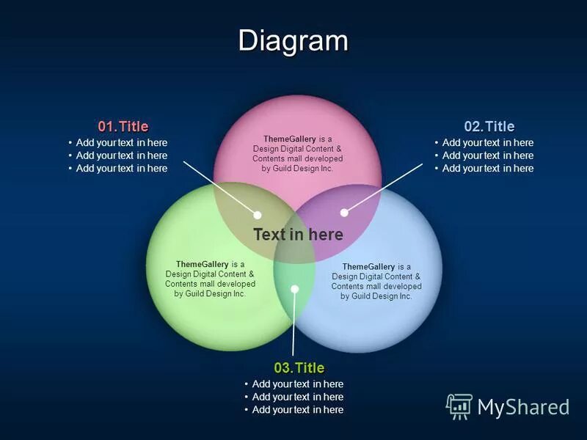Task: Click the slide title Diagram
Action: [x=293, y=40]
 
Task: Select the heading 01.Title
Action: [x=123, y=126]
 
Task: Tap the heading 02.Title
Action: [x=489, y=126]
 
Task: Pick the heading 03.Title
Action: [x=299, y=367]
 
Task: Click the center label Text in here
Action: [x=298, y=235]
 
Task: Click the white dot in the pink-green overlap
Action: [x=258, y=215]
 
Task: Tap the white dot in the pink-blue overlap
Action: [x=344, y=213]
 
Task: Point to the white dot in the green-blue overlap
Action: [x=295, y=289]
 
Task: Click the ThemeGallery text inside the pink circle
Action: [x=297, y=153]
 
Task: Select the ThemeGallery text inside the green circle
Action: [x=210, y=279]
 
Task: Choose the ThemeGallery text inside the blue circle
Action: [x=376, y=281]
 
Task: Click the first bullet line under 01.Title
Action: [x=121, y=143]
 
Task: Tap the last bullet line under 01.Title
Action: [x=121, y=169]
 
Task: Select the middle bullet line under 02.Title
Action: [x=487, y=155]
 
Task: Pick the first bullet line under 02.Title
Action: [x=487, y=143]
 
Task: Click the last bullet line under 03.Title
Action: [x=297, y=410]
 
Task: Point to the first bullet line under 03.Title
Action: [x=297, y=384]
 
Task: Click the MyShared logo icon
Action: [x=459, y=406]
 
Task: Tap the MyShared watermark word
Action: [x=523, y=407]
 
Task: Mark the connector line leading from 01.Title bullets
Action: [x=220, y=188]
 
